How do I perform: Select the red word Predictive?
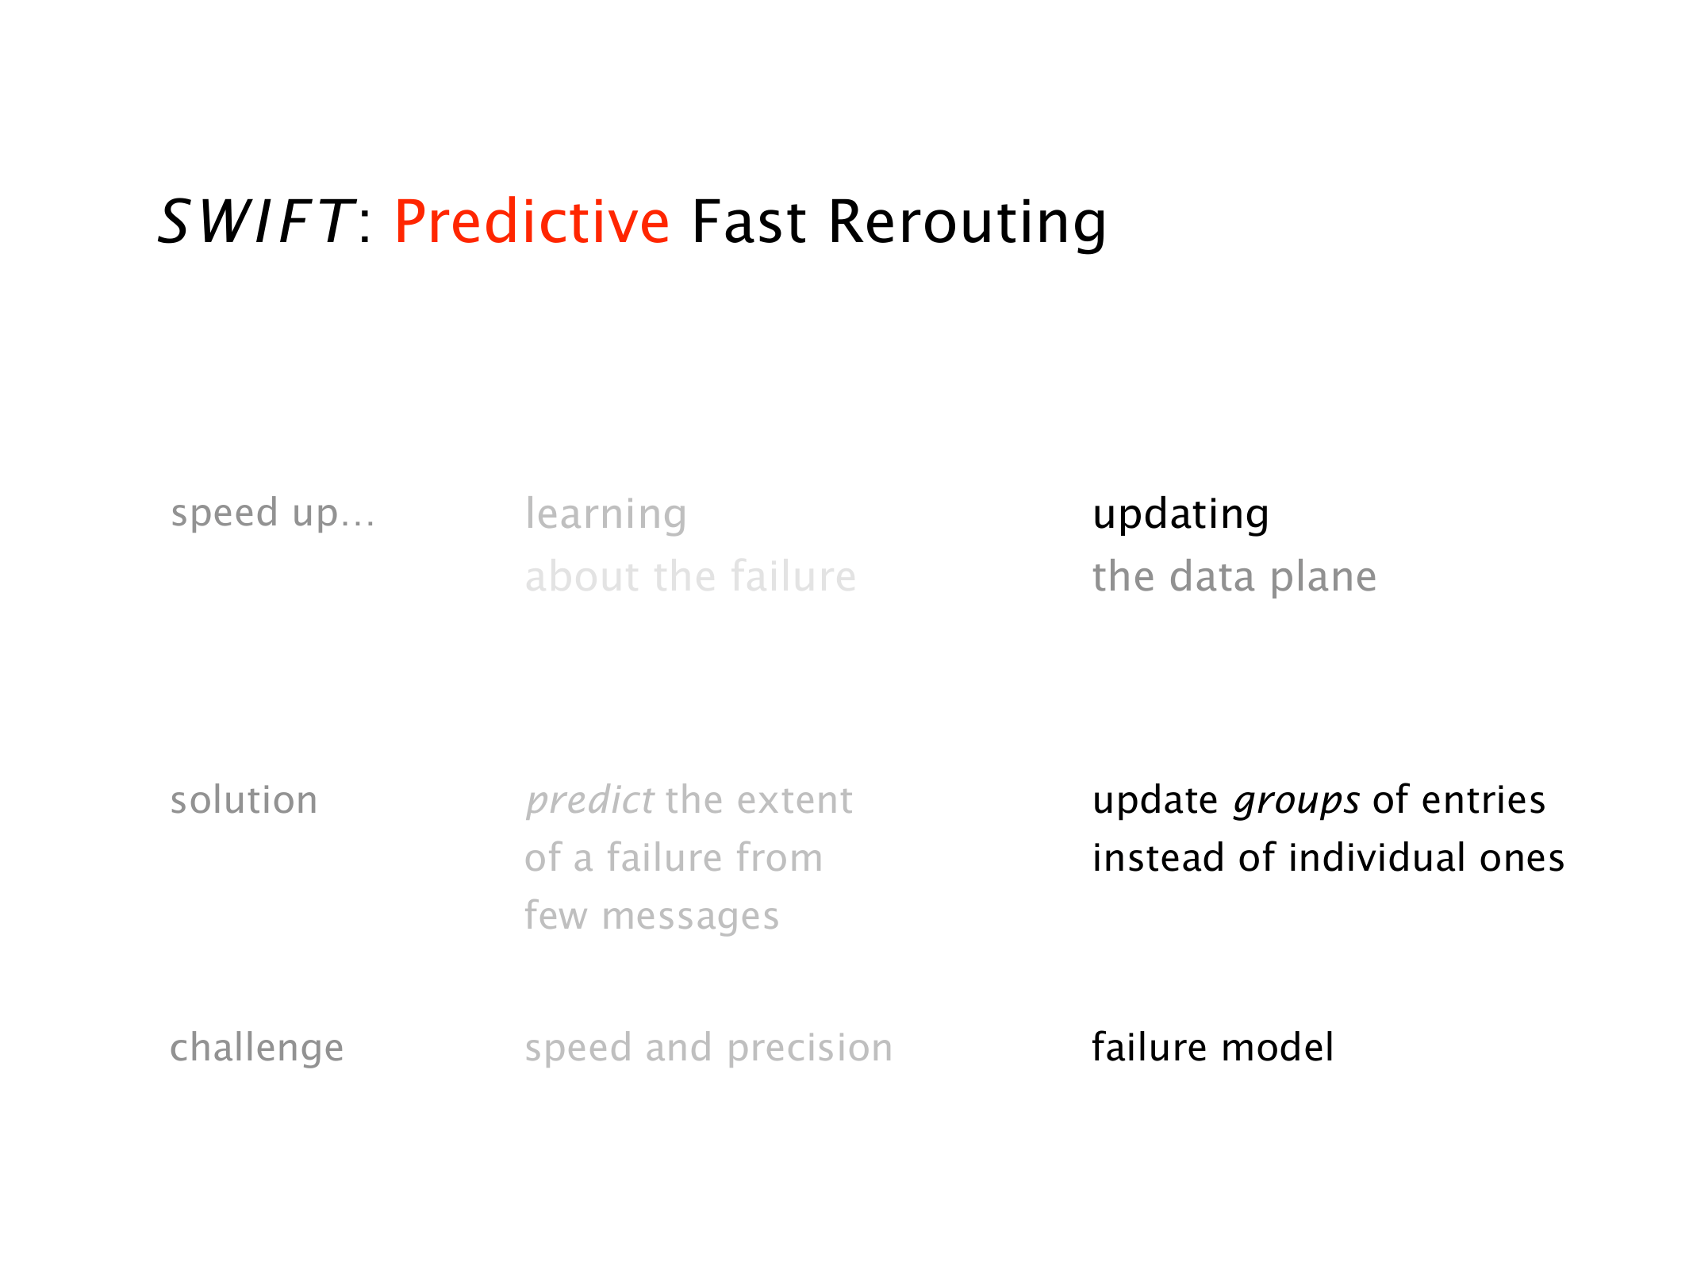tap(532, 221)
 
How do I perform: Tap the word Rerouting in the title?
tap(967, 223)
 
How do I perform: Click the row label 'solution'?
tap(244, 800)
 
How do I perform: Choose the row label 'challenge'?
tap(257, 1048)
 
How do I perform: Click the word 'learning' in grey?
tap(606, 514)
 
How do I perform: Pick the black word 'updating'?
tap(1180, 514)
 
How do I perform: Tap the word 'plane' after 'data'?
tap(1323, 577)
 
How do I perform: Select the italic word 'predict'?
tap(590, 800)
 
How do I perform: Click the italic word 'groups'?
tap(1297, 801)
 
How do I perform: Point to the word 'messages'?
tap(690, 917)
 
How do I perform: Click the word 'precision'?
tap(810, 1049)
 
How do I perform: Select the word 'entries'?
tap(1484, 800)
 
